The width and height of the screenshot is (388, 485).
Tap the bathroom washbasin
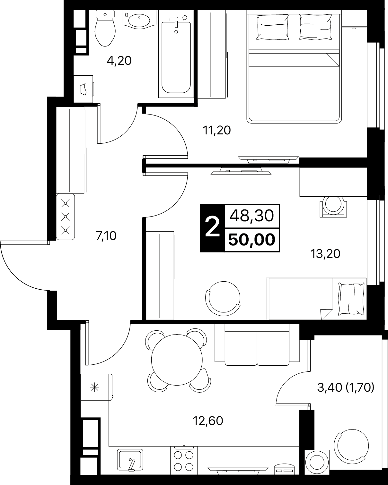click(139, 20)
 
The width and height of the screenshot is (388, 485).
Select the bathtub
click(176, 57)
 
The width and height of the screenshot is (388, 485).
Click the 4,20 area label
click(119, 61)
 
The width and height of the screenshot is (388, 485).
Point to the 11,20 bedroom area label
click(217, 130)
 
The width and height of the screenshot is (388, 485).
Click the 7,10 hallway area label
click(106, 236)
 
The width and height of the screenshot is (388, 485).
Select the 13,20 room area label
click(325, 254)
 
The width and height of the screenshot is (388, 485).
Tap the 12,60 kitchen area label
click(208, 421)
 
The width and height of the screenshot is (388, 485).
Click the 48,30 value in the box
click(252, 216)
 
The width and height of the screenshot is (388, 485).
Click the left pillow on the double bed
click(273, 27)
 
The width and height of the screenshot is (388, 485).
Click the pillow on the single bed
click(351, 299)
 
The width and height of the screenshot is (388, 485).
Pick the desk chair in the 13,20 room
click(333, 206)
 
